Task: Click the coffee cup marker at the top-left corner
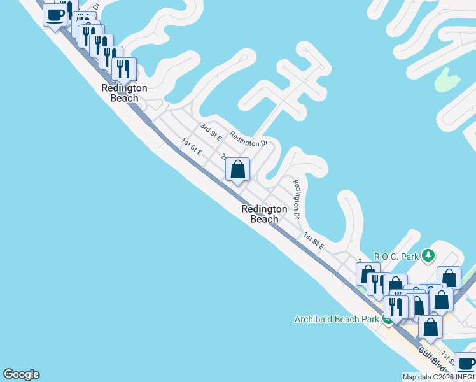55,14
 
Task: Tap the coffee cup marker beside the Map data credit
466,364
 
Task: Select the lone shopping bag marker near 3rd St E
237,170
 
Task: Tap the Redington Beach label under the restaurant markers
124,93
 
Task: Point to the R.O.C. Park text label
396,257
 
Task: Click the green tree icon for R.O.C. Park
428,256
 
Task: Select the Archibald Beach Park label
337,319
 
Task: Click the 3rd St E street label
210,132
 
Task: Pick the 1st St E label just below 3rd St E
192,147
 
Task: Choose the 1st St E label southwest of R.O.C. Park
314,240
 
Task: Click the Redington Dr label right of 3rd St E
249,139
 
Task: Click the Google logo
21,374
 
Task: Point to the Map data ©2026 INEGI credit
438,377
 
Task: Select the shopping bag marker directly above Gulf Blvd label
430,327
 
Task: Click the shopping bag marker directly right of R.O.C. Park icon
449,278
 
